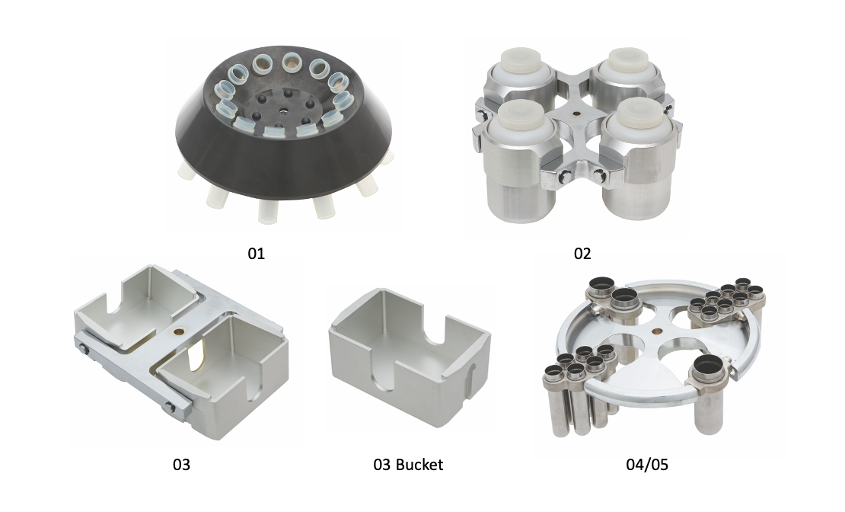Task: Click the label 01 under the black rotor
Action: click(x=256, y=253)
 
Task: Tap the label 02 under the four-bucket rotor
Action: click(x=582, y=253)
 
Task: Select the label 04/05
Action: click(x=646, y=465)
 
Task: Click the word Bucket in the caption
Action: click(x=419, y=465)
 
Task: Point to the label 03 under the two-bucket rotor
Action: click(x=182, y=465)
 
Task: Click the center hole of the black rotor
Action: click(x=282, y=110)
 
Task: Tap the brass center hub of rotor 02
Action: click(x=578, y=114)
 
